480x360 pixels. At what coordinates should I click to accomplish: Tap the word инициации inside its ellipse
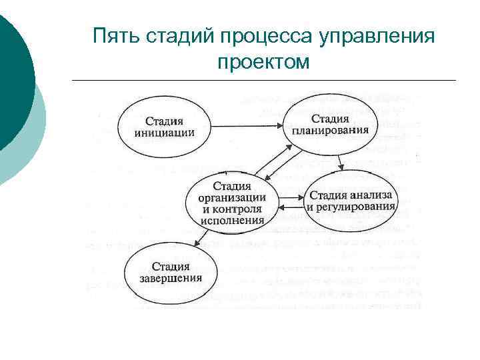tap(164, 132)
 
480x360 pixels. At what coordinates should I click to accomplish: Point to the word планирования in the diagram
tap(330, 129)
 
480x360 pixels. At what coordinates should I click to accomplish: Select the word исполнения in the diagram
tap(233, 219)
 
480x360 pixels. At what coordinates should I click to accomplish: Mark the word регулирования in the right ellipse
tap(351, 207)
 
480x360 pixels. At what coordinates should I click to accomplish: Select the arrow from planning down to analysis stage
tap(340, 162)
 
